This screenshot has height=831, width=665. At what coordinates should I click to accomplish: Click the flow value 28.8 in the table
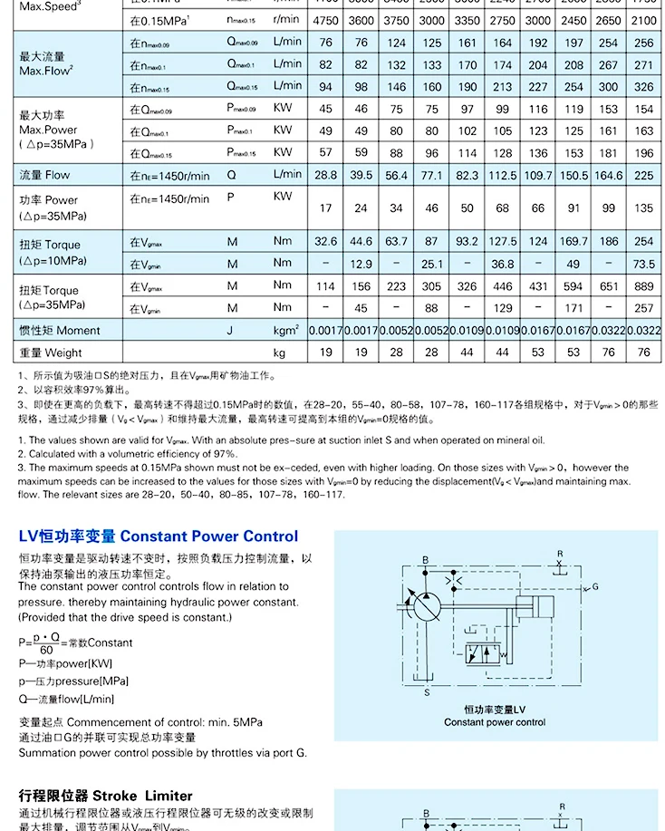pos(325,175)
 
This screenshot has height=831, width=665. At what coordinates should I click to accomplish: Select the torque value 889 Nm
pos(644,286)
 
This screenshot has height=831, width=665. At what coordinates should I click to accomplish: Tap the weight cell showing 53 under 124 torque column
pos(538,353)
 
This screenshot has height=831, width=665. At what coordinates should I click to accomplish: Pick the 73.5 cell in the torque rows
pos(644,265)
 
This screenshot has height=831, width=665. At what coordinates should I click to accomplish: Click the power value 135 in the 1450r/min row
pos(644,208)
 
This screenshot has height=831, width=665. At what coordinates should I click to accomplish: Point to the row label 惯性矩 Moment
pos(60,331)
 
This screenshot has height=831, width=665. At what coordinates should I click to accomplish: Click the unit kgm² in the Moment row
pos(286,330)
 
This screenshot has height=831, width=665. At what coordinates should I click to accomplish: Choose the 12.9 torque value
pos(361,265)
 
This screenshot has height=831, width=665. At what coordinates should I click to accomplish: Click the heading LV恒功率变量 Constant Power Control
pos(158,536)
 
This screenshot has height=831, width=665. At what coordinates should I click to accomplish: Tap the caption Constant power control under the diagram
pos(495,722)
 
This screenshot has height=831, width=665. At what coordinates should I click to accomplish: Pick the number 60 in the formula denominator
pos(47,650)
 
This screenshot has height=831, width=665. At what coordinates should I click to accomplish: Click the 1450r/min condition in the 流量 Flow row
pos(169,175)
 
